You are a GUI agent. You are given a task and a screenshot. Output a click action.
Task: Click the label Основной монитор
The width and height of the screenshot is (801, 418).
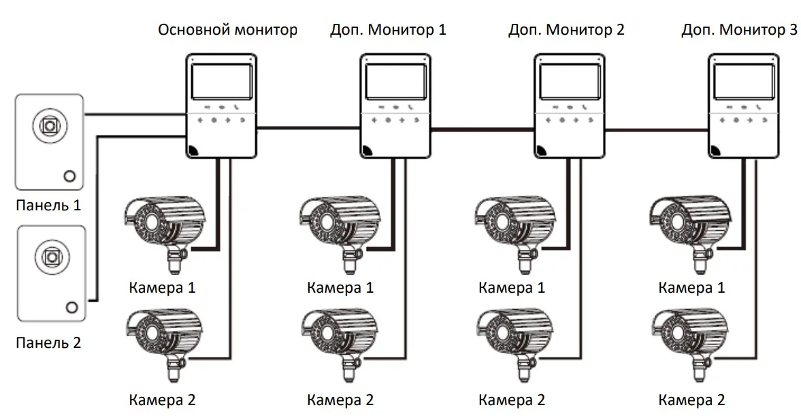227,31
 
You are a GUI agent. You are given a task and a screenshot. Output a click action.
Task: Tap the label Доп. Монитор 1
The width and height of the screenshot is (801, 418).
388,31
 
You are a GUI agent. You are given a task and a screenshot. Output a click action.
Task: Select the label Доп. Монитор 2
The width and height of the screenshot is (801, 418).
566,31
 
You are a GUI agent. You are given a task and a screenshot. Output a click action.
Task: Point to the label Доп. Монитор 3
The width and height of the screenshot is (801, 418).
740,31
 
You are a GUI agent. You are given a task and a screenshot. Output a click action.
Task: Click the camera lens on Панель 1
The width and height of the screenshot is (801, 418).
49,125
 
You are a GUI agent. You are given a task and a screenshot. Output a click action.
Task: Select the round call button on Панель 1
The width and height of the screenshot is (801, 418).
69,176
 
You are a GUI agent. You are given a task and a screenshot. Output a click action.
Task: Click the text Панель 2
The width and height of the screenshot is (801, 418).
48,342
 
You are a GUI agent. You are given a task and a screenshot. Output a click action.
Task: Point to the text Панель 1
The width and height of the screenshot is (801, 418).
48,204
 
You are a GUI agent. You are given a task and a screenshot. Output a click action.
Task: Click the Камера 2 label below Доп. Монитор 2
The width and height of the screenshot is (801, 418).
512,400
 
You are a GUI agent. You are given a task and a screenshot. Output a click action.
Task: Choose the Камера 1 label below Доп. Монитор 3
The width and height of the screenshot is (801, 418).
691,287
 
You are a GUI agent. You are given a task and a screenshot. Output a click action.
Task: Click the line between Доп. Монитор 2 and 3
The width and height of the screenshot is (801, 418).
656,127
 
